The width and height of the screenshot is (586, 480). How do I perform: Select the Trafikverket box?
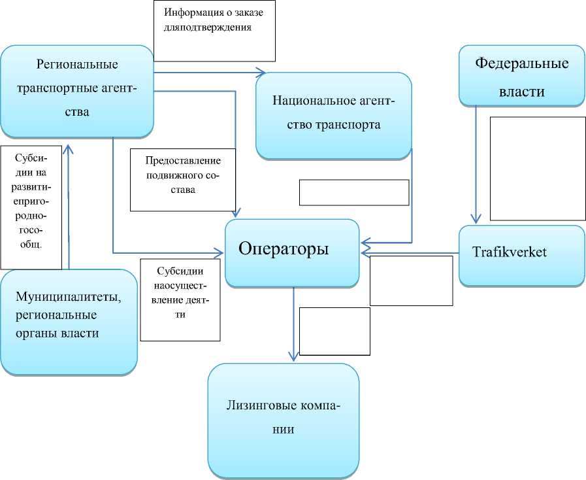coord(521,255)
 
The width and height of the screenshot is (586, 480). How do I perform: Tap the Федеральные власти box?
coord(521,75)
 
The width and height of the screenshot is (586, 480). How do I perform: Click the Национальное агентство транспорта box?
coord(334,115)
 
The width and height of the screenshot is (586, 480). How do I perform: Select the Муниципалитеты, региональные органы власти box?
coord(68,322)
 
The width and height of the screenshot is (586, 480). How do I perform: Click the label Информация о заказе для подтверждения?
coord(215,30)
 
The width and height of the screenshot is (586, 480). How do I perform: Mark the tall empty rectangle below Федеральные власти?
coord(537,169)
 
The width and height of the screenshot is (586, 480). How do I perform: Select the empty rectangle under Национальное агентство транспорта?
coord(354,192)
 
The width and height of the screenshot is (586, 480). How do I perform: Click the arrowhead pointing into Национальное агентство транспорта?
coord(262,71)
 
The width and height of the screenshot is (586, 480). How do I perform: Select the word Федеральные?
coord(521,63)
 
